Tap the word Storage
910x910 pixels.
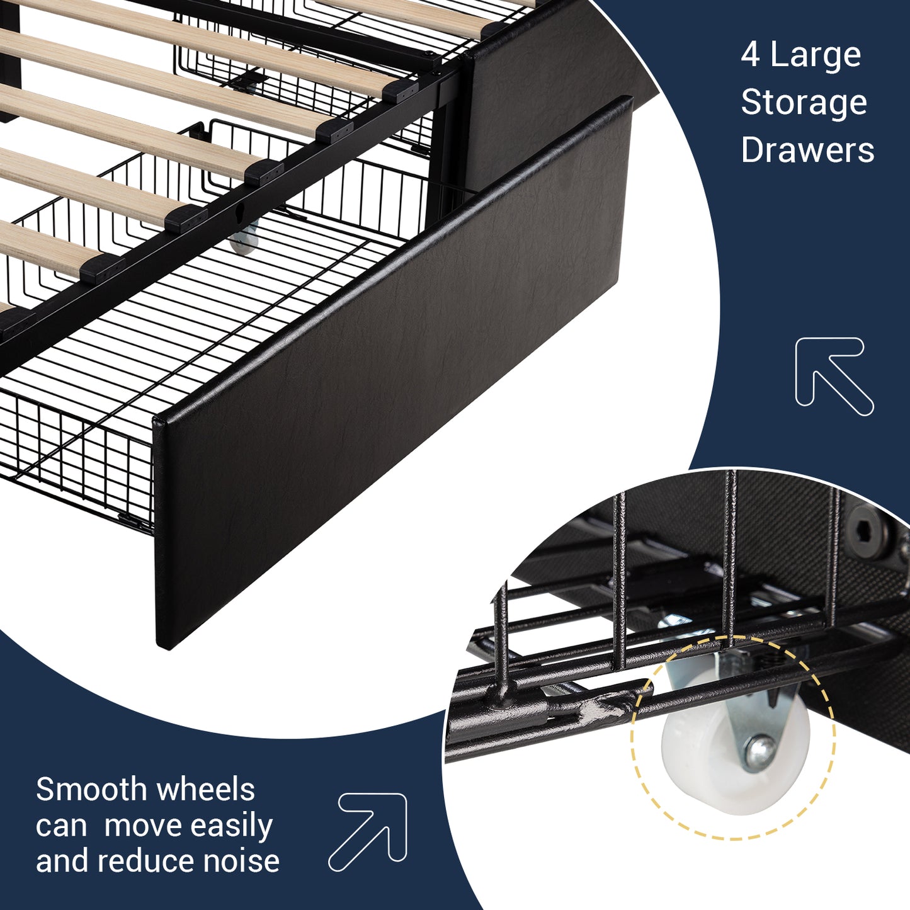point(804,103)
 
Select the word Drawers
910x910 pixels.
point(807,150)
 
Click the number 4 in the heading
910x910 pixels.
point(751,55)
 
